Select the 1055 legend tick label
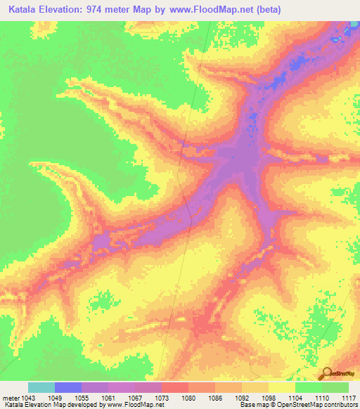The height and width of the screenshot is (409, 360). (82, 398)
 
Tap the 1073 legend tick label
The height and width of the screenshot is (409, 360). (162, 398)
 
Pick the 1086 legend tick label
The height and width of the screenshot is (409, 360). (216, 398)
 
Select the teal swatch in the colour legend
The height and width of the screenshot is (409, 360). (41, 387)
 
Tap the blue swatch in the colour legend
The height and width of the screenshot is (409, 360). (68, 387)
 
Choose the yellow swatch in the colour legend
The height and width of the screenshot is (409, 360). (282, 387)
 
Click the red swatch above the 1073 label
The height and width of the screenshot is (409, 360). (175, 387)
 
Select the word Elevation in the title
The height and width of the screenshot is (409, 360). (67, 9)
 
